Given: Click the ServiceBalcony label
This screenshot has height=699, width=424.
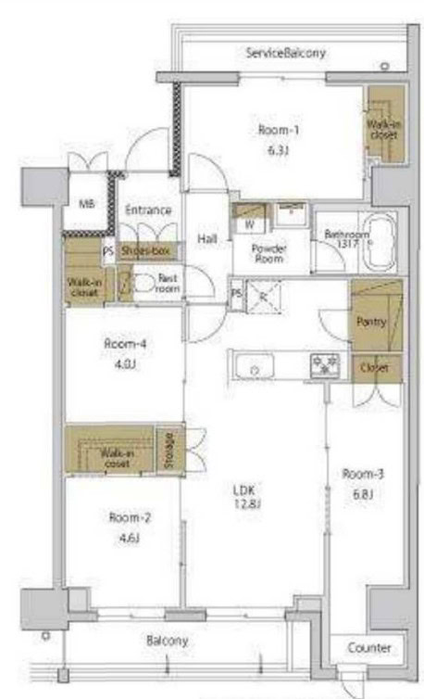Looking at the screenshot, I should pyautogui.click(x=285, y=53).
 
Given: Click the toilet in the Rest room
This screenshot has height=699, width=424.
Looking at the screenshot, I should pyautogui.click(x=144, y=283).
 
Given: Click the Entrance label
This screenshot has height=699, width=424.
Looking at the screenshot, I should pyautogui.click(x=148, y=210).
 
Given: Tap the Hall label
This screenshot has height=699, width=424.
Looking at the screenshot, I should pyautogui.click(x=206, y=238).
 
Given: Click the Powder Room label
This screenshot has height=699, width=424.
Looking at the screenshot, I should pyautogui.click(x=269, y=254).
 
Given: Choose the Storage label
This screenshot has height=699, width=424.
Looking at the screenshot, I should pyautogui.click(x=168, y=450).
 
